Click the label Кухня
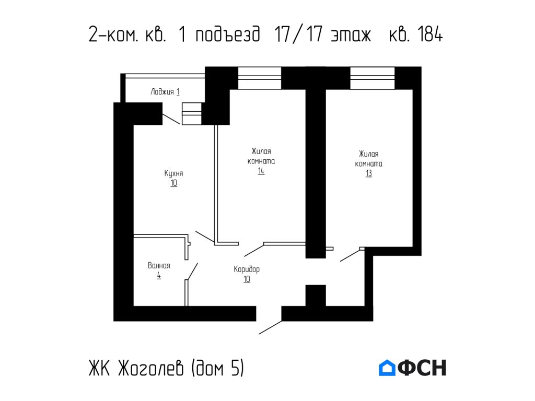(x=173, y=173)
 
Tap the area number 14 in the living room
(x=261, y=171)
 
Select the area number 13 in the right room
(x=369, y=173)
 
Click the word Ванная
(x=159, y=266)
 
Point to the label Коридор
(x=247, y=269)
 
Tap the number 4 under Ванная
(x=158, y=275)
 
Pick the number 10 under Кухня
(x=173, y=183)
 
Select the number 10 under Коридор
(x=247, y=279)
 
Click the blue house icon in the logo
(x=387, y=368)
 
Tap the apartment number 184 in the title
(x=430, y=35)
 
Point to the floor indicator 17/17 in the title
(x=295, y=35)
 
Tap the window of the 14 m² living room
(x=260, y=78)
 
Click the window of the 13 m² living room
(x=372, y=78)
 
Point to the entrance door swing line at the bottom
(x=270, y=327)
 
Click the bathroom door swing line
(x=192, y=272)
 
